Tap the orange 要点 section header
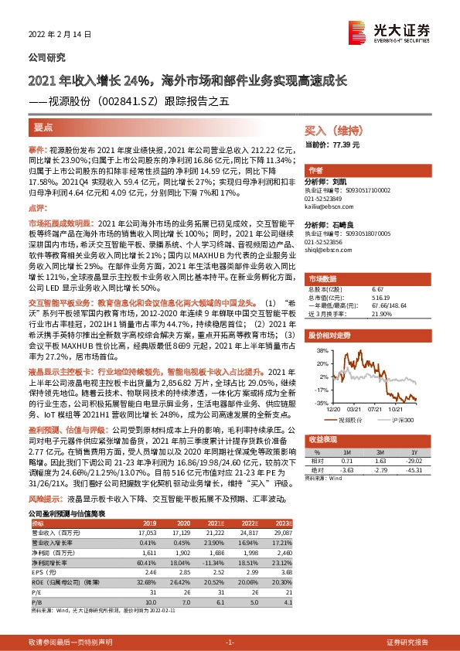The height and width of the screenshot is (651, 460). point(44,128)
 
